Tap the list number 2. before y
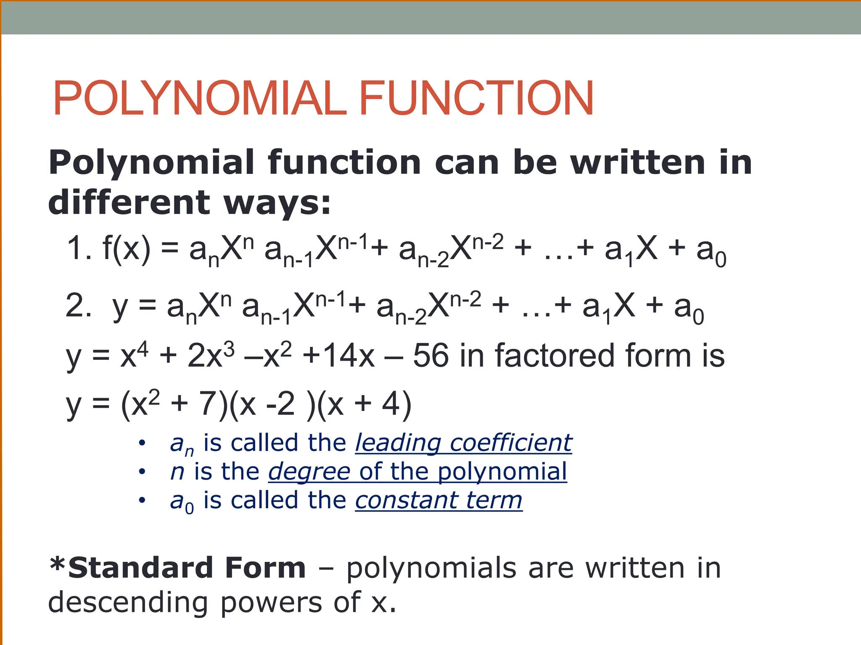pos(79,306)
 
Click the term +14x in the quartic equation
pos(338,356)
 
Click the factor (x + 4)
pos(364,404)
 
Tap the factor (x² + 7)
pos(174,404)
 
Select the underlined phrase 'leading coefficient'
pos(463,443)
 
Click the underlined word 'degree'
pos(309,472)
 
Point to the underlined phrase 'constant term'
pos(438,500)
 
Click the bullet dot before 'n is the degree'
pos(142,472)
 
